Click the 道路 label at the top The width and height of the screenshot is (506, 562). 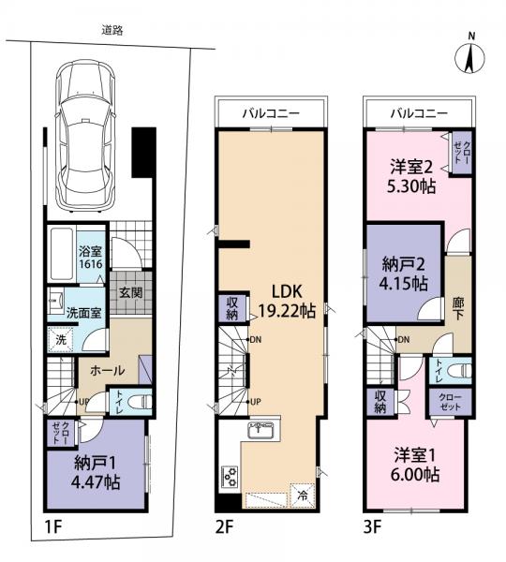point(112,31)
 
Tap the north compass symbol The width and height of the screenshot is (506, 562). point(469,58)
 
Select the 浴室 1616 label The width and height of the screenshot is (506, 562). point(91,257)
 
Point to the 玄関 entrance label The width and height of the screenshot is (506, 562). point(131,293)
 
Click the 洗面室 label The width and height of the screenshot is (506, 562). point(84,313)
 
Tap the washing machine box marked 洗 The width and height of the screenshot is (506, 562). point(61,340)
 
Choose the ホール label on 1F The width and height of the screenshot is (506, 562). point(107,370)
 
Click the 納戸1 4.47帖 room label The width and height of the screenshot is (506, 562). point(96,473)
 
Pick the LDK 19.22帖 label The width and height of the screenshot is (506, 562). point(287,301)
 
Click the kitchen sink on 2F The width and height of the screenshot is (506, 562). point(261,429)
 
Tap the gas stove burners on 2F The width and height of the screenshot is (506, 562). point(230,477)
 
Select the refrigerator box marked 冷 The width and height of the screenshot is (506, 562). point(303,496)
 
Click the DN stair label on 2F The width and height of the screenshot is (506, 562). point(255,339)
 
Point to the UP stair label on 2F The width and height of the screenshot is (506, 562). point(255,402)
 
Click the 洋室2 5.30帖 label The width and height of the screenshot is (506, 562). point(411,176)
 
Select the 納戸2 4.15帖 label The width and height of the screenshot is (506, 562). point(404,274)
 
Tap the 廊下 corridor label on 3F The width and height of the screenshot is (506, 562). point(458,308)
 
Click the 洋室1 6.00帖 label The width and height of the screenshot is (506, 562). point(414,465)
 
